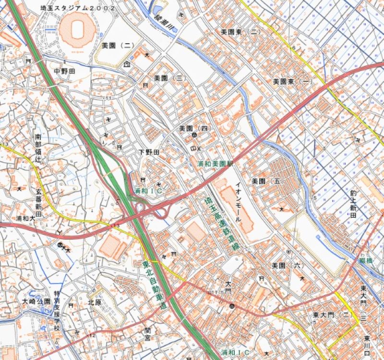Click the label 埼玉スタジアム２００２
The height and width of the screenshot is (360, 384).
(78, 8)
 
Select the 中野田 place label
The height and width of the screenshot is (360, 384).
(65, 71)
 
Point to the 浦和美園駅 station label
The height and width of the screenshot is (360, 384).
(215, 164)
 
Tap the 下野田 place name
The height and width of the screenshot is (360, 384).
(149, 152)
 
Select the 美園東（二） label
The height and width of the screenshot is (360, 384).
(240, 32)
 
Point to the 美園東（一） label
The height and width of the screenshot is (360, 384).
(292, 82)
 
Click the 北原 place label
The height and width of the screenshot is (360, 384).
(95, 303)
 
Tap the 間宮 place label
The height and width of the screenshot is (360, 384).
(148, 334)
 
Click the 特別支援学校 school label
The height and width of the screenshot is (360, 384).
(57, 312)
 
